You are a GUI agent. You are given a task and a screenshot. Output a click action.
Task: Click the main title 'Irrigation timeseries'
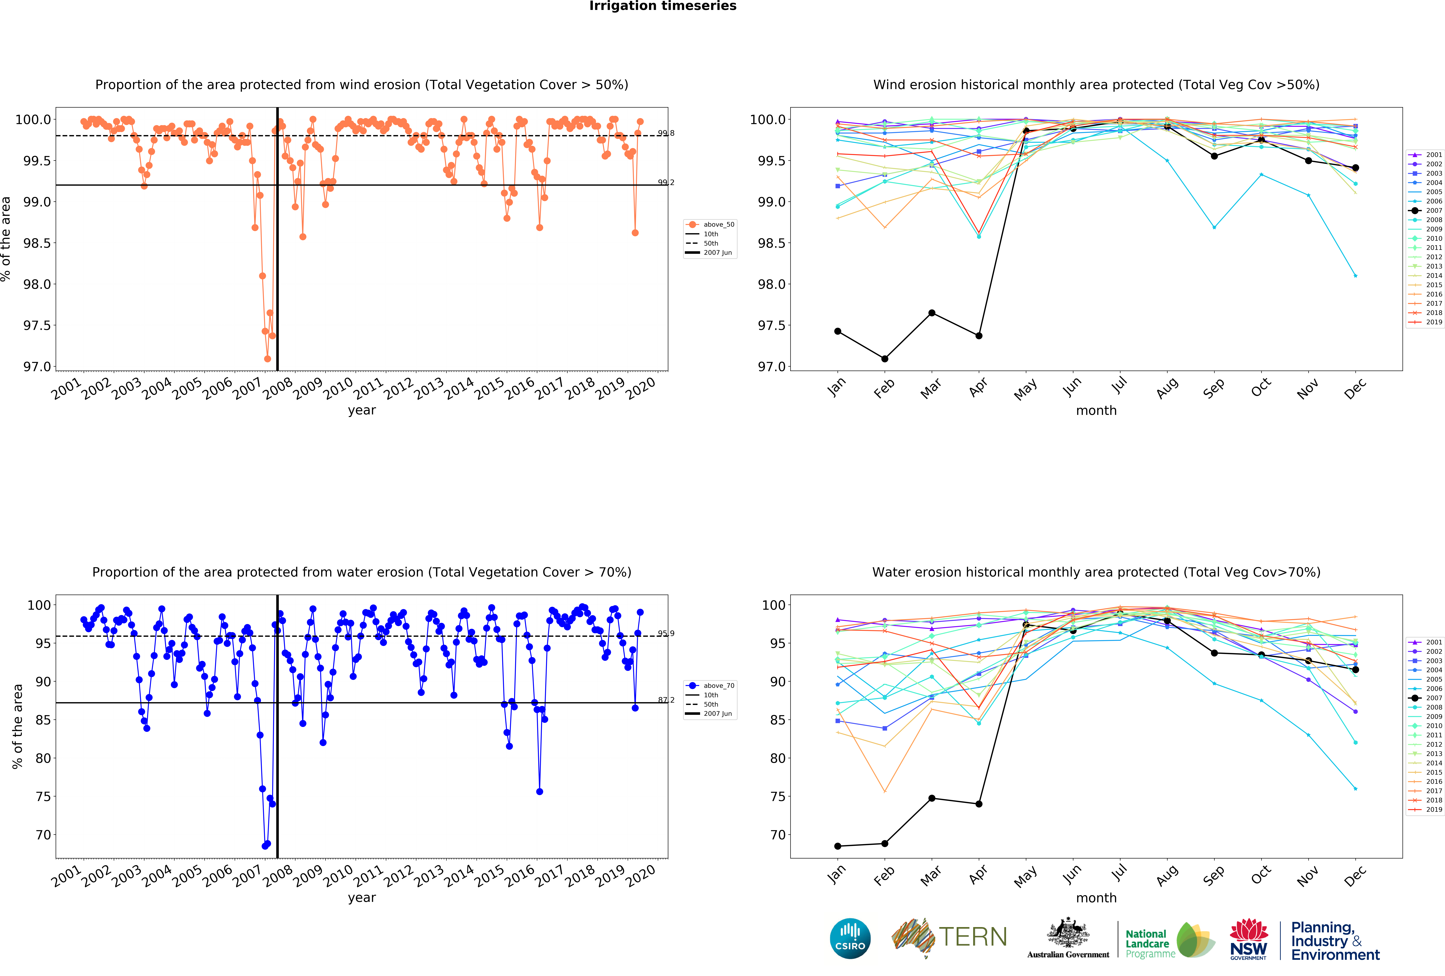tap(663, 6)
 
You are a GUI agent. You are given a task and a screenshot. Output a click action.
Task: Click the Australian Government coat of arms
tap(1068, 932)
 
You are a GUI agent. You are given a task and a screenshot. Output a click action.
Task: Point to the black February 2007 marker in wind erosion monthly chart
tap(885, 359)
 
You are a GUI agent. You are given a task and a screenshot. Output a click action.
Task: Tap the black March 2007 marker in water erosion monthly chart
tap(931, 798)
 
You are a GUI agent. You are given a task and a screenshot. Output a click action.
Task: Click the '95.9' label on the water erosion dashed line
tap(666, 633)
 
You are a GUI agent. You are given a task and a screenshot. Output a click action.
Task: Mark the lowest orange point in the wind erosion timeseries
tap(267, 359)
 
